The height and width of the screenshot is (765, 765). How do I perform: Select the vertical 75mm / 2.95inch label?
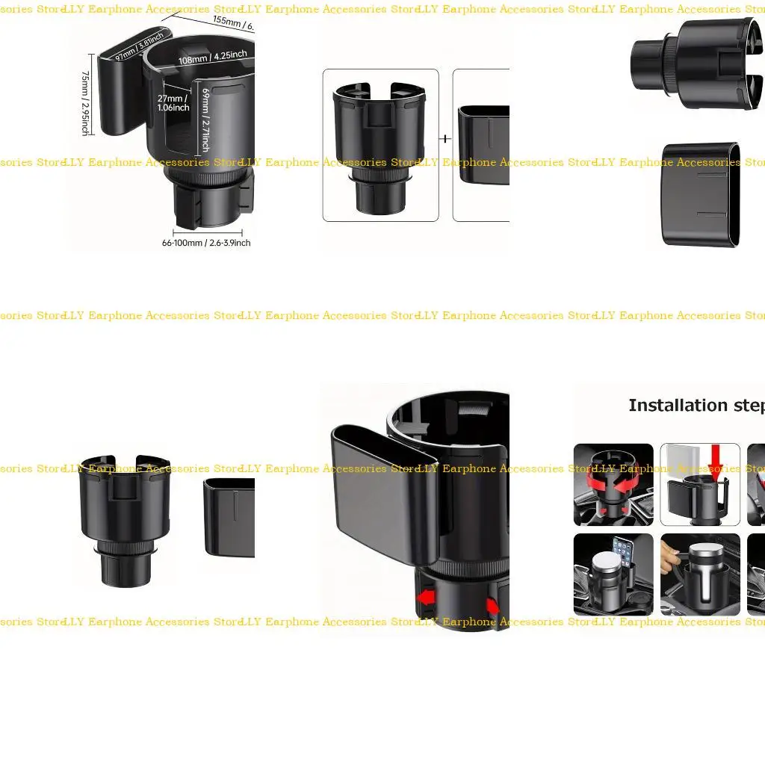point(85,103)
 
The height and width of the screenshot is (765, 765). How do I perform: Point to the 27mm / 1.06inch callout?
point(173,102)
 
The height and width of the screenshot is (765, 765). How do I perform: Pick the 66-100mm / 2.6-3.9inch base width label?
point(206,243)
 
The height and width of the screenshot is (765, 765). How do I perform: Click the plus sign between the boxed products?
point(446,138)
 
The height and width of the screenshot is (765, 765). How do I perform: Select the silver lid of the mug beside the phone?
point(606,563)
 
